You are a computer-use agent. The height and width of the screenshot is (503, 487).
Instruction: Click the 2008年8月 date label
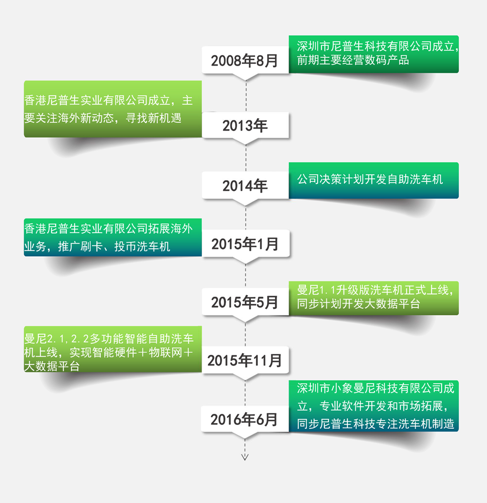245,61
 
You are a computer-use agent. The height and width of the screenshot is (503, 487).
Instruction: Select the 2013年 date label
245,125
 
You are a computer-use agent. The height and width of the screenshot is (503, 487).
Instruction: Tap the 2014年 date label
245,186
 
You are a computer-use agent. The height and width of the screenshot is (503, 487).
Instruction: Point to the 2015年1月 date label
245,244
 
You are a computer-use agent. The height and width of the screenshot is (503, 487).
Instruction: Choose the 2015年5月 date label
245,302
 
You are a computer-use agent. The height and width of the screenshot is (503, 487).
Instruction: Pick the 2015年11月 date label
245,360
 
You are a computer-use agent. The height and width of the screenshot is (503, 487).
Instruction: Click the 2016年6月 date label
244,419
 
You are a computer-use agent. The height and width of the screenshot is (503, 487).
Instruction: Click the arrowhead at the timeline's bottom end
245,457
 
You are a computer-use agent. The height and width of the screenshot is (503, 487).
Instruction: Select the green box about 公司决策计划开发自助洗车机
374,180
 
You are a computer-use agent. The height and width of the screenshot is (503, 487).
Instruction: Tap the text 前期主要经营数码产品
353,60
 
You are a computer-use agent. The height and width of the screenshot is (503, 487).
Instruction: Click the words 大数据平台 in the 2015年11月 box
52,366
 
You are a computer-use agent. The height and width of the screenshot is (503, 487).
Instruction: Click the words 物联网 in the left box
165,353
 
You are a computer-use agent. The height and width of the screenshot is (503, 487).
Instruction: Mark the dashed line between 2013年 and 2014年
246,158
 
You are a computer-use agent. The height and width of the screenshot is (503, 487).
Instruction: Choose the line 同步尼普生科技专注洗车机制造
376,424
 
